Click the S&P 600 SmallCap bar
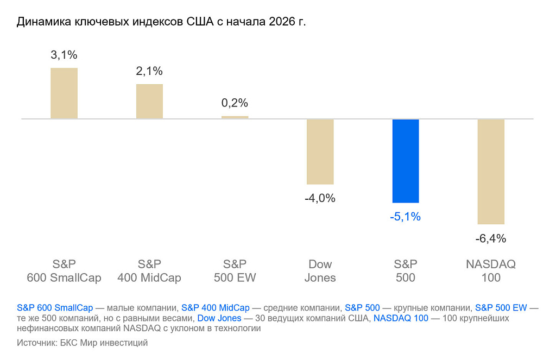click(x=64, y=93)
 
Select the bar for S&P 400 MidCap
click(x=149, y=101)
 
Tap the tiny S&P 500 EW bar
click(x=235, y=117)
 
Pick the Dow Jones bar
click(x=320, y=151)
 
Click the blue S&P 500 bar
click(x=406, y=161)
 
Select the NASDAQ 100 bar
click(x=491, y=172)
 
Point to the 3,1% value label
click(x=64, y=55)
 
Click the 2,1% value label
click(x=149, y=71)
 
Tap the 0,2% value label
click(x=235, y=103)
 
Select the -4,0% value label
click(x=320, y=198)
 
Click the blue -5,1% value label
click(x=406, y=217)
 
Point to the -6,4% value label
click(x=491, y=238)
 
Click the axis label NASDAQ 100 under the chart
click(x=491, y=271)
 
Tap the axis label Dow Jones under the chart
click(x=320, y=271)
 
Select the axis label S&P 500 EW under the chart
click(x=235, y=271)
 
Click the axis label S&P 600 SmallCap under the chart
click(x=64, y=271)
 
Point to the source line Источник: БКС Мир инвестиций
click(x=82, y=343)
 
